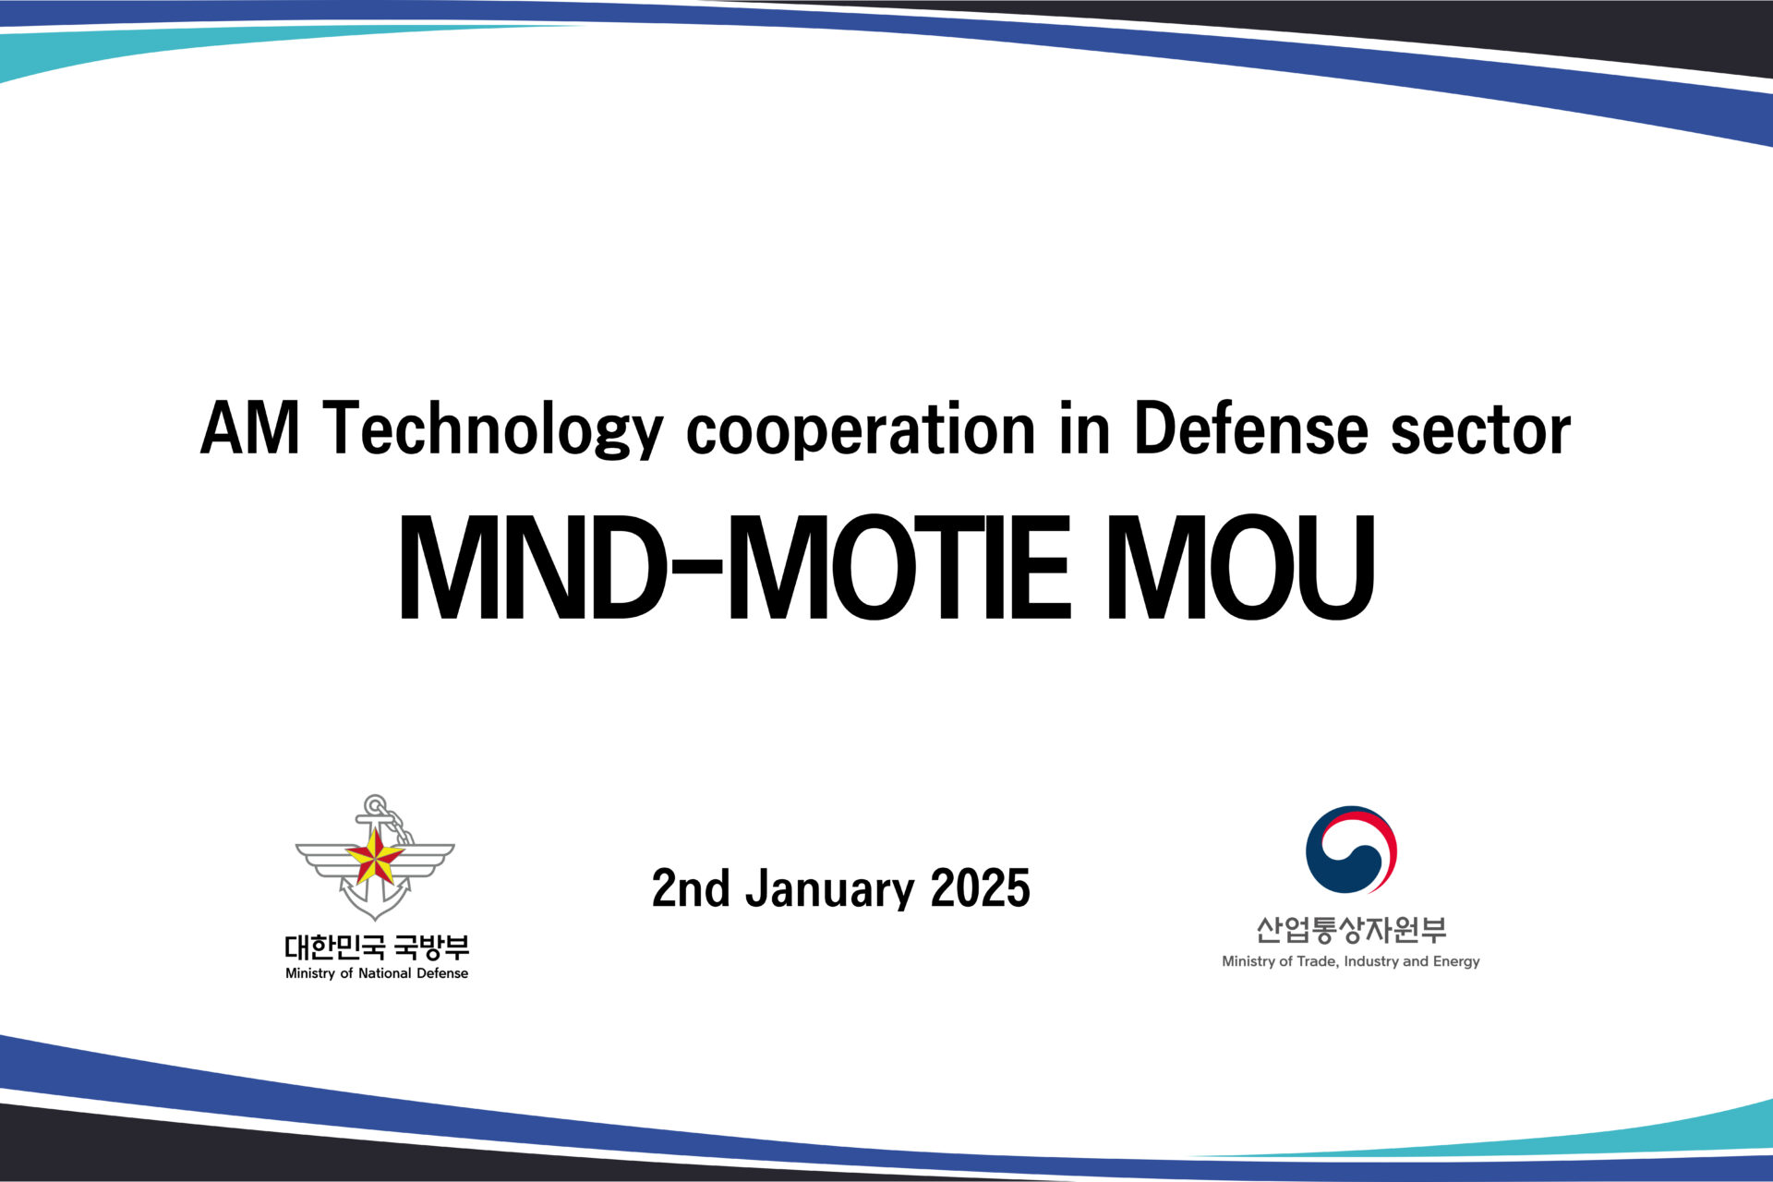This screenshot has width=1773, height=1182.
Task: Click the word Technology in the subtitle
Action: tap(493, 429)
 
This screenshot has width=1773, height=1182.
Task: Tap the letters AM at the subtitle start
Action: tap(250, 428)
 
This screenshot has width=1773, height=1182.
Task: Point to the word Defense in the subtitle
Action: tap(1250, 428)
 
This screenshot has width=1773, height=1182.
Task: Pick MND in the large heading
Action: tap(532, 567)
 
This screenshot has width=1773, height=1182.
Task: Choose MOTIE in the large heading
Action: tap(900, 567)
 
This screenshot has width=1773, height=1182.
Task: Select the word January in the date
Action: tap(829, 889)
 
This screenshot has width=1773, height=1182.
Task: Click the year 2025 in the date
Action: tap(980, 888)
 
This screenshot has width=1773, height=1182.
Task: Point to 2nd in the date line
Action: tap(691, 888)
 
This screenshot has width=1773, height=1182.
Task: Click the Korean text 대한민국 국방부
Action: tap(377, 947)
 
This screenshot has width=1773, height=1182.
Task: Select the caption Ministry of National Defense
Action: tap(377, 973)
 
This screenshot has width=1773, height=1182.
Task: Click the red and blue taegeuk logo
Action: tap(1351, 850)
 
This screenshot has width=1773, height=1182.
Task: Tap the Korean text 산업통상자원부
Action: tap(1351, 929)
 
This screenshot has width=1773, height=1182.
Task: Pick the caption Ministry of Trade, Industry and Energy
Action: tap(1351, 961)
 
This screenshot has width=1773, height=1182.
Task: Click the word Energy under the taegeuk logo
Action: tap(1456, 962)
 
